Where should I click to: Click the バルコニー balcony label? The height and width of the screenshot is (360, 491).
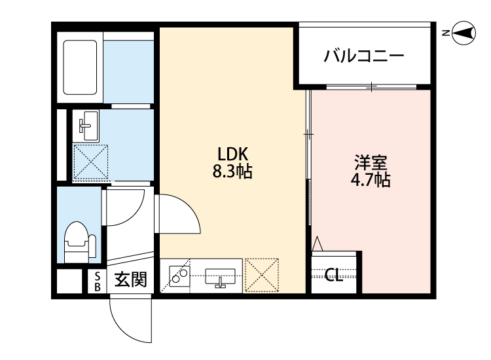tap(364, 56)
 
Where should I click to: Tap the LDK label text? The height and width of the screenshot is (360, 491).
tap(232, 154)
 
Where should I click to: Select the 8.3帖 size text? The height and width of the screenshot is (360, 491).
tap(232, 171)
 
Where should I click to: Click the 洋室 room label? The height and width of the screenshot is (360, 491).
tap(371, 162)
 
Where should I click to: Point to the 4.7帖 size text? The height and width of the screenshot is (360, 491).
tap(371, 180)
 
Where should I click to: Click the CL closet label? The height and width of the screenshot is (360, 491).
tap(333, 276)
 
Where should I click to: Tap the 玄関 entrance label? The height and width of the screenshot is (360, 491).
tap(130, 279)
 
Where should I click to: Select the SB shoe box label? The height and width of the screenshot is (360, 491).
tap(98, 281)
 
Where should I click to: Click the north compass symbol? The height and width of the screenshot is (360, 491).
tap(464, 33)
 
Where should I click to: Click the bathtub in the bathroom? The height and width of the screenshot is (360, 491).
tap(80, 67)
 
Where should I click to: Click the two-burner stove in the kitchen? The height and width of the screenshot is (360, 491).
tap(179, 276)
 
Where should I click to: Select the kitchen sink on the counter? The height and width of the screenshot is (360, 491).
tap(220, 277)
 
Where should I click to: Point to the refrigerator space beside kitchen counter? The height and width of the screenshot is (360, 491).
tap(262, 275)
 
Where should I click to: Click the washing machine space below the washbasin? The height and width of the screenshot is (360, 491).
tap(90, 162)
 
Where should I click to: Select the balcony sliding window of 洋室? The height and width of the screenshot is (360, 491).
tap(371, 86)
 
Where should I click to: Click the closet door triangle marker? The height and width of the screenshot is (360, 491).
tap(318, 244)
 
